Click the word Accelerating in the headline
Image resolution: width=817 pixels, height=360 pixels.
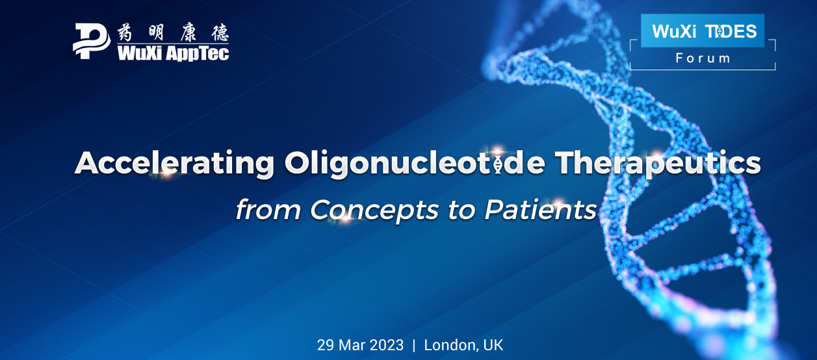pyautogui.click(x=175, y=163)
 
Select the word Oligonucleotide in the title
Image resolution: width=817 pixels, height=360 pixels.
pyautogui.click(x=415, y=163)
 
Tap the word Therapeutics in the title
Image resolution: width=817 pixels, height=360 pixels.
pyautogui.click(x=658, y=163)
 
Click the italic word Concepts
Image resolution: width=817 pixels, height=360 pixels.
pyautogui.click(x=374, y=210)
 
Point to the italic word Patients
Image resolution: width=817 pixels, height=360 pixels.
pyautogui.click(x=541, y=209)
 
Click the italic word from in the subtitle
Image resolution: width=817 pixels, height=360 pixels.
pyautogui.click(x=268, y=210)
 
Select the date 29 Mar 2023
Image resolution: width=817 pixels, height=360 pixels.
pyautogui.click(x=360, y=345)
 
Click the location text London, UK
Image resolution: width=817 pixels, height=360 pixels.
pyautogui.click(x=463, y=346)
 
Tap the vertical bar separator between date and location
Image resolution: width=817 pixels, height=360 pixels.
pyautogui.click(x=413, y=346)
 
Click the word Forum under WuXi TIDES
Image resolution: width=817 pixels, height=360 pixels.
pyautogui.click(x=703, y=58)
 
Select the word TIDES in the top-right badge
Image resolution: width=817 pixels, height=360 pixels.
pyautogui.click(x=731, y=31)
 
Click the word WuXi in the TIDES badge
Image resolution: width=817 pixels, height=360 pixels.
pyautogui.click(x=674, y=31)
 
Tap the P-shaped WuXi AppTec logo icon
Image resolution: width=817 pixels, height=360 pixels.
pyautogui.click(x=92, y=41)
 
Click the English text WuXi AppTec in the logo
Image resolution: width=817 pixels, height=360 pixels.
pyautogui.click(x=173, y=53)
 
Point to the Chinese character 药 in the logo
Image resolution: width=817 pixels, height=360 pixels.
pyautogui.click(x=125, y=33)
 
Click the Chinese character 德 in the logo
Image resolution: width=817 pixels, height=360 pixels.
pyautogui.click(x=220, y=33)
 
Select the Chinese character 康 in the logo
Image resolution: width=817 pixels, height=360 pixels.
pyautogui.click(x=188, y=33)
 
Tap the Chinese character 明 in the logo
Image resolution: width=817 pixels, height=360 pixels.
pyautogui.click(x=157, y=33)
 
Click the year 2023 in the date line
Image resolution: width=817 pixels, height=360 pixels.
pyautogui.click(x=387, y=345)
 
